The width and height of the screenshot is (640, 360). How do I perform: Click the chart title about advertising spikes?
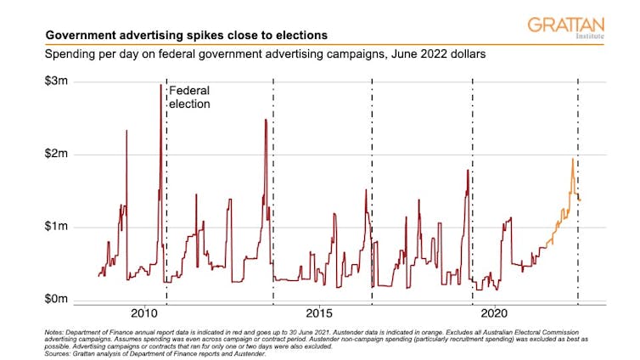187,36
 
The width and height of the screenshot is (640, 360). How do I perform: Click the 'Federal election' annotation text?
189,97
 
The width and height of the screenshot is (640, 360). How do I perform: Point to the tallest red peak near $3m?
160,85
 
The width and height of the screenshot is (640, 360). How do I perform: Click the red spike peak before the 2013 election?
266,120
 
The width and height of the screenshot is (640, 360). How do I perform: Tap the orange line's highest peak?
572,160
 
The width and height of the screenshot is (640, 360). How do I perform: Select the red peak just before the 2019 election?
468,171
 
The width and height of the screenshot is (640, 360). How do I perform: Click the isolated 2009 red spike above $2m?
126,131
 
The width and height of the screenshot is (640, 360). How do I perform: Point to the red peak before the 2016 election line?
366,190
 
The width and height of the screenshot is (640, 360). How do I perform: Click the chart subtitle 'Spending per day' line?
255,55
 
